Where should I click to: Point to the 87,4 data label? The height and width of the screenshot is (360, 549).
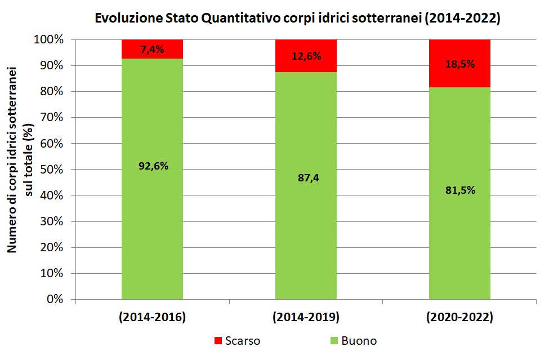(306, 178)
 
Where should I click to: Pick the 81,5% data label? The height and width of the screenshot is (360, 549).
(460, 190)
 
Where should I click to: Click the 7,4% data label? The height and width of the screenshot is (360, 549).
(153, 49)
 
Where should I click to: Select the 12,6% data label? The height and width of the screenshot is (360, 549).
(306, 56)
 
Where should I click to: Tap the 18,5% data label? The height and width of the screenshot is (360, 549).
(460, 64)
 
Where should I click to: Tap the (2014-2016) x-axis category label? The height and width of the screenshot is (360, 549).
(153, 318)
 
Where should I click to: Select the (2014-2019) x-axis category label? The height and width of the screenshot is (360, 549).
(306, 318)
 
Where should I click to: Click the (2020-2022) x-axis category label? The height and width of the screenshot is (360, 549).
(460, 318)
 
